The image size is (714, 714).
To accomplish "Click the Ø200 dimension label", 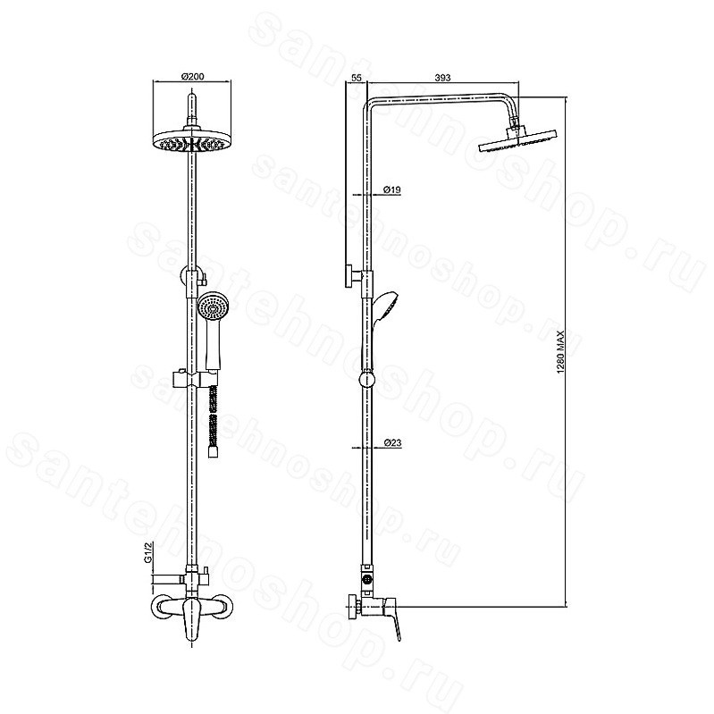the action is [x=193, y=77].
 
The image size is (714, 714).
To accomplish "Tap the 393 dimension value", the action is [x=442, y=78].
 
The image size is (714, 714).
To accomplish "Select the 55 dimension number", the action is [x=357, y=78].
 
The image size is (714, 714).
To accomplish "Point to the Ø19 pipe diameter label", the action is [x=392, y=189].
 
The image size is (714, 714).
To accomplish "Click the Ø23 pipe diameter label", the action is [x=392, y=442].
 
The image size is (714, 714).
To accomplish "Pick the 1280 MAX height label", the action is [x=560, y=352].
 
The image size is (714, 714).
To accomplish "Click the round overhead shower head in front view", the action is [x=193, y=140].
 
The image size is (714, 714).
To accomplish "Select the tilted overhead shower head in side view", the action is [x=518, y=140].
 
